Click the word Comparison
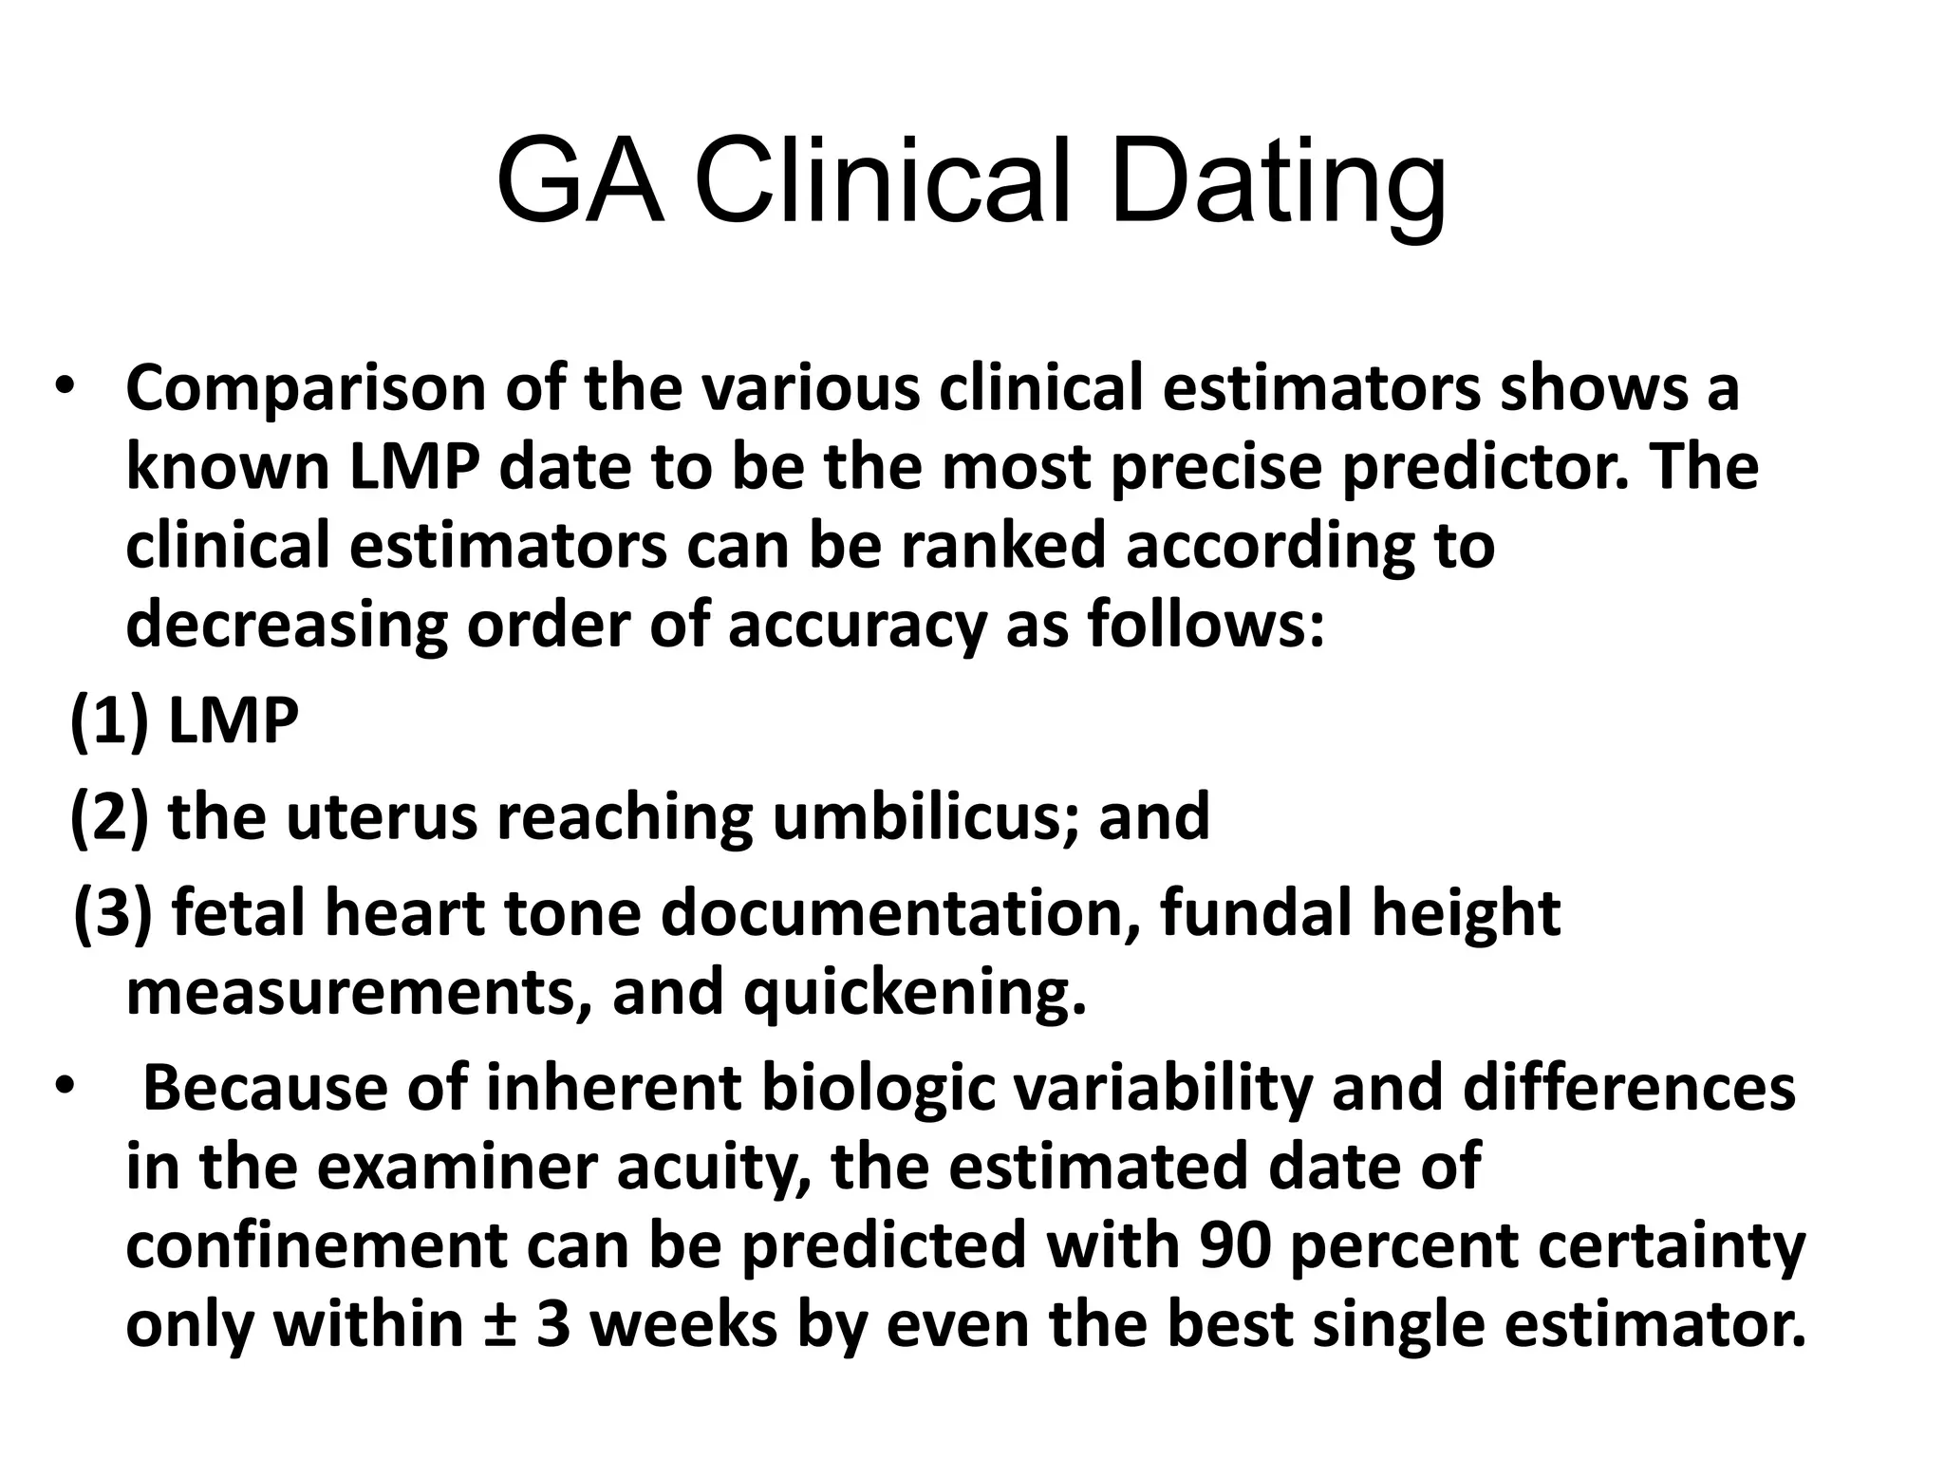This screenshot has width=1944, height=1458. [305, 390]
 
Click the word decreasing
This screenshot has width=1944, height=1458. [286, 626]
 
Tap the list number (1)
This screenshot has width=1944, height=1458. [108, 721]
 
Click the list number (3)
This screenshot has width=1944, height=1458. [112, 913]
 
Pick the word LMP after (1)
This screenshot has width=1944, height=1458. [233, 721]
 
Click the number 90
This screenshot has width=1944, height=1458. [1234, 1246]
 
